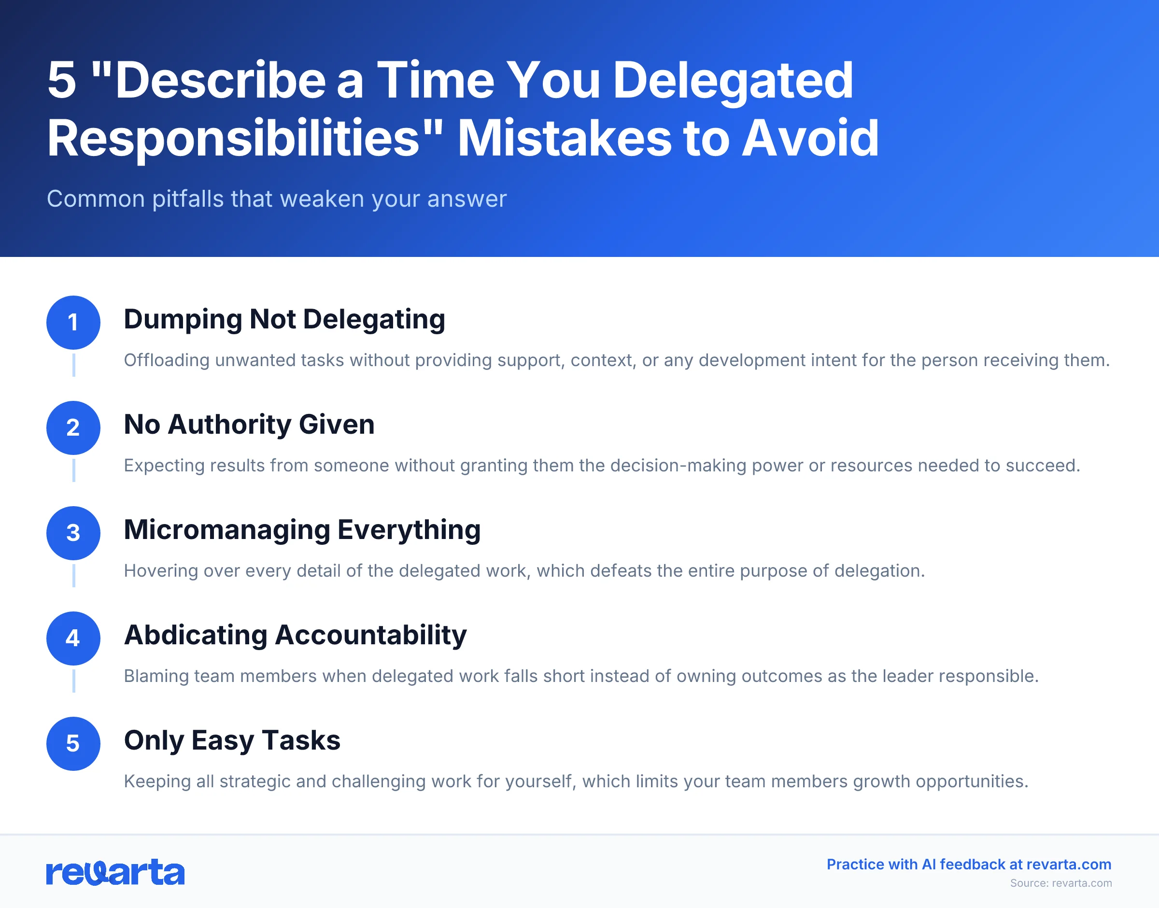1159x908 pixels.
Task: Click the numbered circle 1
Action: coord(73,322)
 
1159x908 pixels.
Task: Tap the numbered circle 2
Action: coord(73,427)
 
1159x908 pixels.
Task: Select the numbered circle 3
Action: coord(73,533)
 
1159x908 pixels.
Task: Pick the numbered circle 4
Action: coord(73,638)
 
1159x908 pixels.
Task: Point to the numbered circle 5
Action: coord(73,743)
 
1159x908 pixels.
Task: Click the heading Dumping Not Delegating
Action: coord(284,320)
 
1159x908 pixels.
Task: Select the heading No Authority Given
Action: coord(249,425)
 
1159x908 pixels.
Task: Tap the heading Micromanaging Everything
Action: coord(302,530)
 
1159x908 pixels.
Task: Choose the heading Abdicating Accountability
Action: coord(295,635)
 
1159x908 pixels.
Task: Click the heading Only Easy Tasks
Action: coord(232,740)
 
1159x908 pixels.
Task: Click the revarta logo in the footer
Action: coord(115,872)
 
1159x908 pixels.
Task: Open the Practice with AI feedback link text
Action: coord(968,865)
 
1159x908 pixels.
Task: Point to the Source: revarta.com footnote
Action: coord(1060,883)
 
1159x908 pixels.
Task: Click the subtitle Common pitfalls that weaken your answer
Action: coord(276,199)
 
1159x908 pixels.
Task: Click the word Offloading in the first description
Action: coord(166,360)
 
